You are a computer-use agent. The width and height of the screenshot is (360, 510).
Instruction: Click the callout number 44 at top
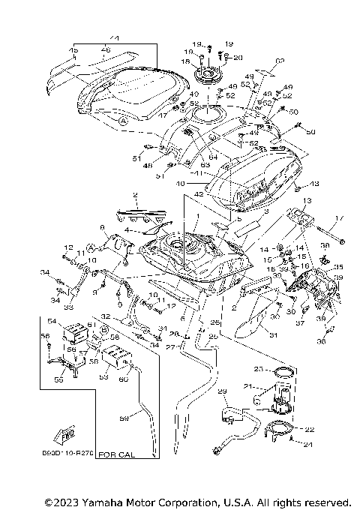(x=114, y=38)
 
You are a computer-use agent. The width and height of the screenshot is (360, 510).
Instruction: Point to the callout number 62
(x=280, y=61)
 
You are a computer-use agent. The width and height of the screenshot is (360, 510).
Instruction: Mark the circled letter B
(x=104, y=328)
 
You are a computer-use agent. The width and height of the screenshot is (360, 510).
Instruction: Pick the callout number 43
(x=315, y=184)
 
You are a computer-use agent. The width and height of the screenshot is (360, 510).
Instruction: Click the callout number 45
(x=73, y=51)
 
